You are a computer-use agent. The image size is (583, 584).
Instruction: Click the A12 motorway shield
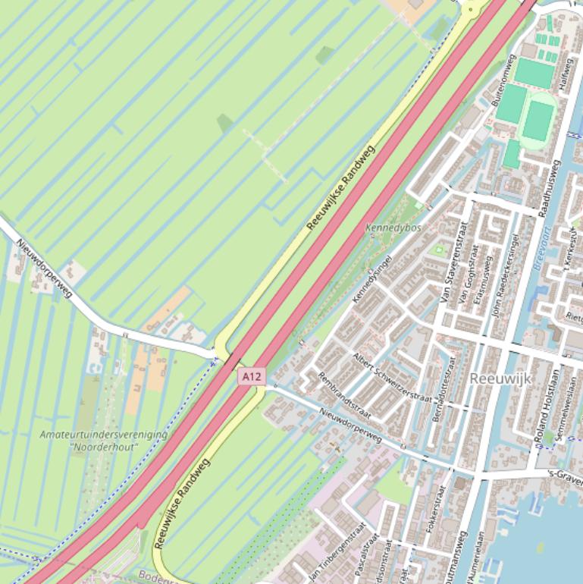click(252, 376)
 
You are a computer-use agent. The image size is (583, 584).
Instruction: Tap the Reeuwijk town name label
click(501, 378)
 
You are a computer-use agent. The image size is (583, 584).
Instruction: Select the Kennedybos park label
click(393, 228)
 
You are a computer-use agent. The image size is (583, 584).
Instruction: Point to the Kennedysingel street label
click(372, 278)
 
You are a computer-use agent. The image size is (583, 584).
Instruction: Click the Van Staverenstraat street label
click(453, 262)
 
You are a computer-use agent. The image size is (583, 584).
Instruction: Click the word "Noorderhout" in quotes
click(105, 447)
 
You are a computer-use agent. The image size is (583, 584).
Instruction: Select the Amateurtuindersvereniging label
click(103, 435)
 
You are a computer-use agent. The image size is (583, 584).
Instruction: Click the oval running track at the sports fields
click(538, 121)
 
